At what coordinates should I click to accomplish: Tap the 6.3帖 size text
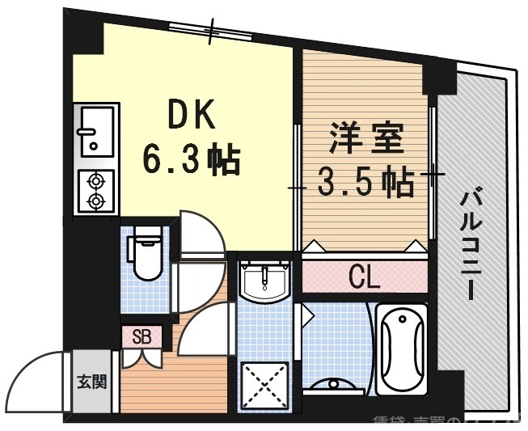[x=192, y=158]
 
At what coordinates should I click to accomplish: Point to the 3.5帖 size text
[x=365, y=182]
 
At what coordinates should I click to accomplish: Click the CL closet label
[x=364, y=277]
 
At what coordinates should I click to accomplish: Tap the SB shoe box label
[x=141, y=336]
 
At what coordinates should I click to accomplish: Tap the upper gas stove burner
[x=96, y=180]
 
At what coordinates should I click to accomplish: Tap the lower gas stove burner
[x=96, y=200]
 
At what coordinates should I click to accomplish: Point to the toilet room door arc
[x=196, y=235]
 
